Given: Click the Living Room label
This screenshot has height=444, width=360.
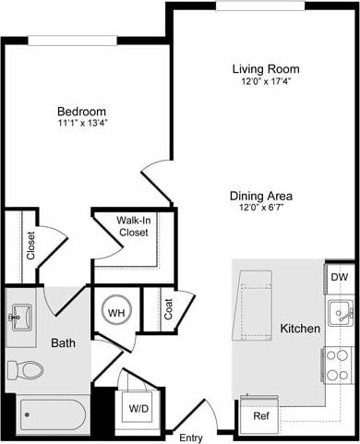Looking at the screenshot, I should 266,69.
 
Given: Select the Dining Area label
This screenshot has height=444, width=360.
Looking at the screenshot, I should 262,196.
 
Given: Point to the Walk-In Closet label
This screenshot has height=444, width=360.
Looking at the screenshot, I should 133,227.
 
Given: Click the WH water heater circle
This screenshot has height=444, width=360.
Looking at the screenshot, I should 116,312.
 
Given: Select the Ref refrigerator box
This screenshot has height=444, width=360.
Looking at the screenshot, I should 261,416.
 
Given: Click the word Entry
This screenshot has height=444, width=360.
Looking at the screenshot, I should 191,438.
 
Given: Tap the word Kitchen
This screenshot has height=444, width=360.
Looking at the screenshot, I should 300,329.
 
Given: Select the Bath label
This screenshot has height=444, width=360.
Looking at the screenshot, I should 63,343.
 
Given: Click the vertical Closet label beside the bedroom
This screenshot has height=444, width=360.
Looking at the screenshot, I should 30,246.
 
